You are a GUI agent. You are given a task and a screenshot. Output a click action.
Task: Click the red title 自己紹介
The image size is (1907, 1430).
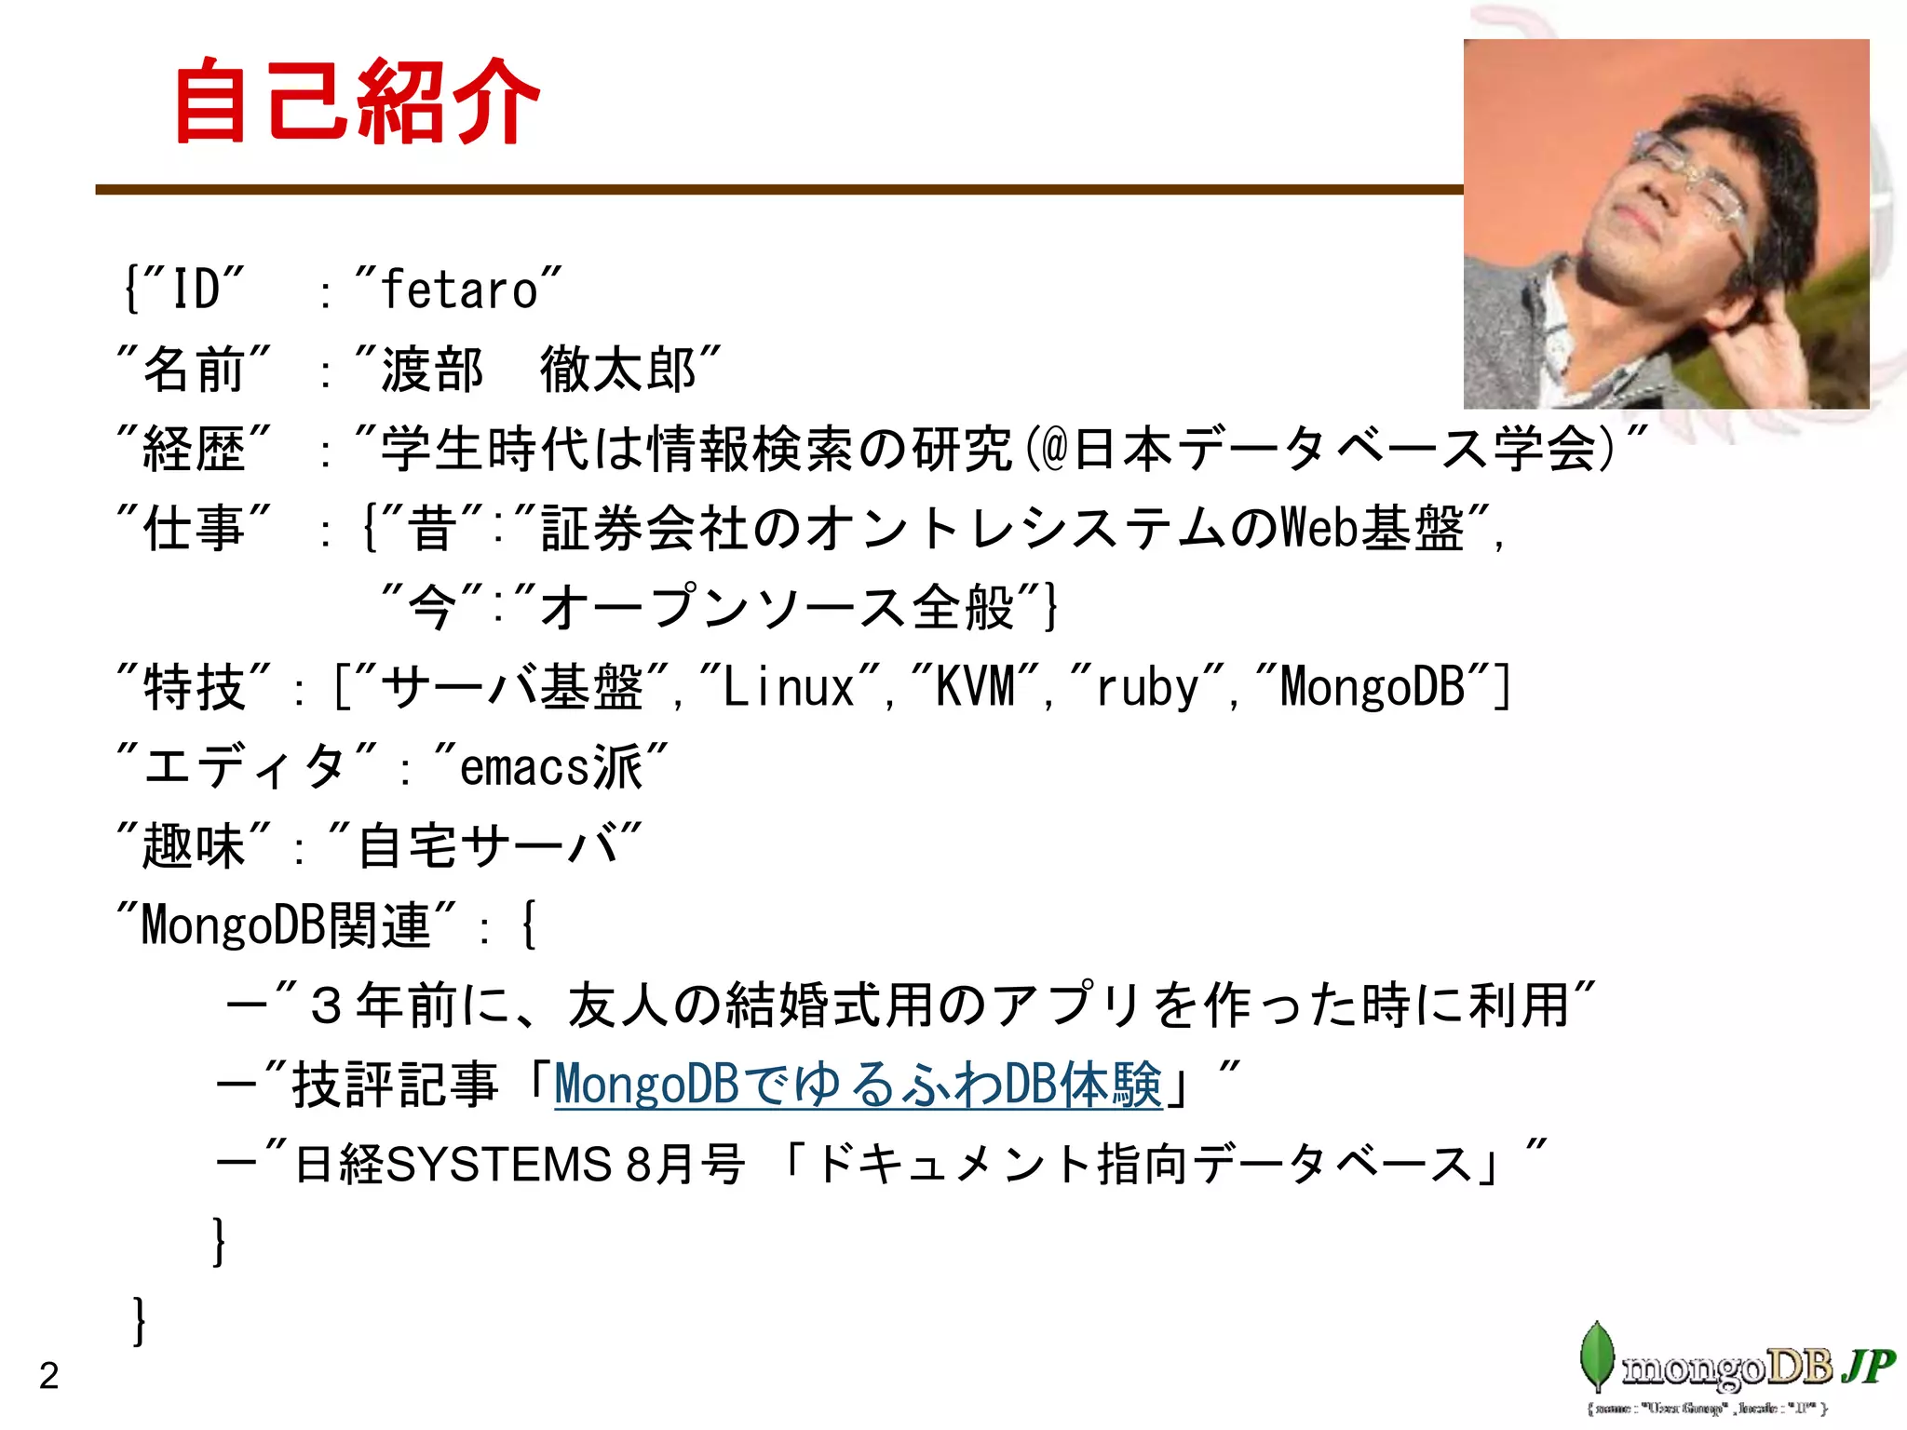[x=357, y=101]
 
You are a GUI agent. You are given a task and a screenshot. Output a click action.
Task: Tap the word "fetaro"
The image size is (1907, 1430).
[x=459, y=290]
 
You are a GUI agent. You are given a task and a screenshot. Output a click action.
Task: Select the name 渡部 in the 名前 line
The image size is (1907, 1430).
[x=432, y=370]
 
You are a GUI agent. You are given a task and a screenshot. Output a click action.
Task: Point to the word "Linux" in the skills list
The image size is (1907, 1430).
[x=789, y=688]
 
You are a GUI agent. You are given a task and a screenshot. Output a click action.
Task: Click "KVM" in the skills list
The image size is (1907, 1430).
[x=975, y=688]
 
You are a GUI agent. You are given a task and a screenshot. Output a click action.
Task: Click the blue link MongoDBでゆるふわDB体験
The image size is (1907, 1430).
[x=858, y=1085]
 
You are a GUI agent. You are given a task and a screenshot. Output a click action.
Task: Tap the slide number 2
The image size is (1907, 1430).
[x=48, y=1376]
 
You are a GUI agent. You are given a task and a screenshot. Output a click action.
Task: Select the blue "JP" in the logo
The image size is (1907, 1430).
[x=1868, y=1366]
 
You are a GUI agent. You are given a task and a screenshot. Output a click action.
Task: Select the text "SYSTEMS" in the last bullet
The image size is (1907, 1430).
[x=498, y=1165]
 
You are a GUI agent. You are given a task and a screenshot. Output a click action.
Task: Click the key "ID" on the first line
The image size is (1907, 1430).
[x=196, y=290]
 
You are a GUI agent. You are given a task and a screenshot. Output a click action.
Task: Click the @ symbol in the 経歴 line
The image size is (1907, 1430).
[x=1053, y=449]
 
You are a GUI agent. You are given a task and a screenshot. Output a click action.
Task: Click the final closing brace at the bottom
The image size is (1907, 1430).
[x=140, y=1320]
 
